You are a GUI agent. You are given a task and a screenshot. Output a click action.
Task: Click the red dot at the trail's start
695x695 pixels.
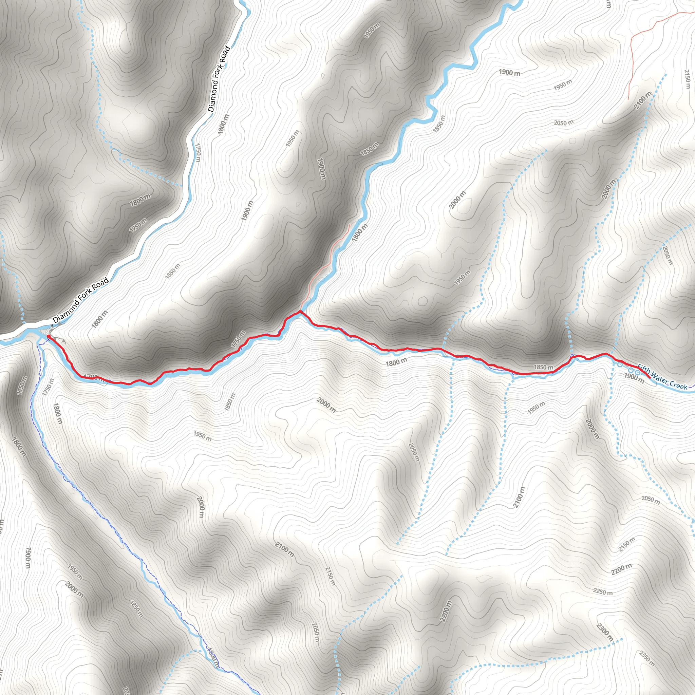pyautogui.click(x=49, y=337)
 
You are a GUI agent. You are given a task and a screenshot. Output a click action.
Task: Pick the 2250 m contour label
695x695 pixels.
pyautogui.click(x=603, y=592)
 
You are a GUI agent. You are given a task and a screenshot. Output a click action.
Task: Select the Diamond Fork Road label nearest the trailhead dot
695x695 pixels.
pyautogui.click(x=80, y=300)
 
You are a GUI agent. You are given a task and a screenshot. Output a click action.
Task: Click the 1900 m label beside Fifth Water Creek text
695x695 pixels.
pyautogui.click(x=634, y=377)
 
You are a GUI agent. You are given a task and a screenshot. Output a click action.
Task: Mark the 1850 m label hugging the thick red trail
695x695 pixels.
pyautogui.click(x=543, y=367)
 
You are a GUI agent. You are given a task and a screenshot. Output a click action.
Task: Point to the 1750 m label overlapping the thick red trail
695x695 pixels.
pyautogui.click(x=238, y=339)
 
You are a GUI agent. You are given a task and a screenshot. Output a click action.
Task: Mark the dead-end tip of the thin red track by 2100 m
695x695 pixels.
pyautogui.click(x=628, y=100)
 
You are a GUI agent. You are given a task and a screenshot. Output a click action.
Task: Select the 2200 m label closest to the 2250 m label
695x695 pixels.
pyautogui.click(x=621, y=569)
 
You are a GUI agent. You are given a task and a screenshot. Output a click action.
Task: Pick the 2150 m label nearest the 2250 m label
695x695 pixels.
pyautogui.click(x=627, y=544)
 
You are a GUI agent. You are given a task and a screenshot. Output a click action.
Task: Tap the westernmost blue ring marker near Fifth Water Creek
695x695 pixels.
pyautogui.click(x=620, y=365)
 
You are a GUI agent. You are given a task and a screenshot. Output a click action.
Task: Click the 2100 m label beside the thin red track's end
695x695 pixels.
pyautogui.click(x=642, y=100)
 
